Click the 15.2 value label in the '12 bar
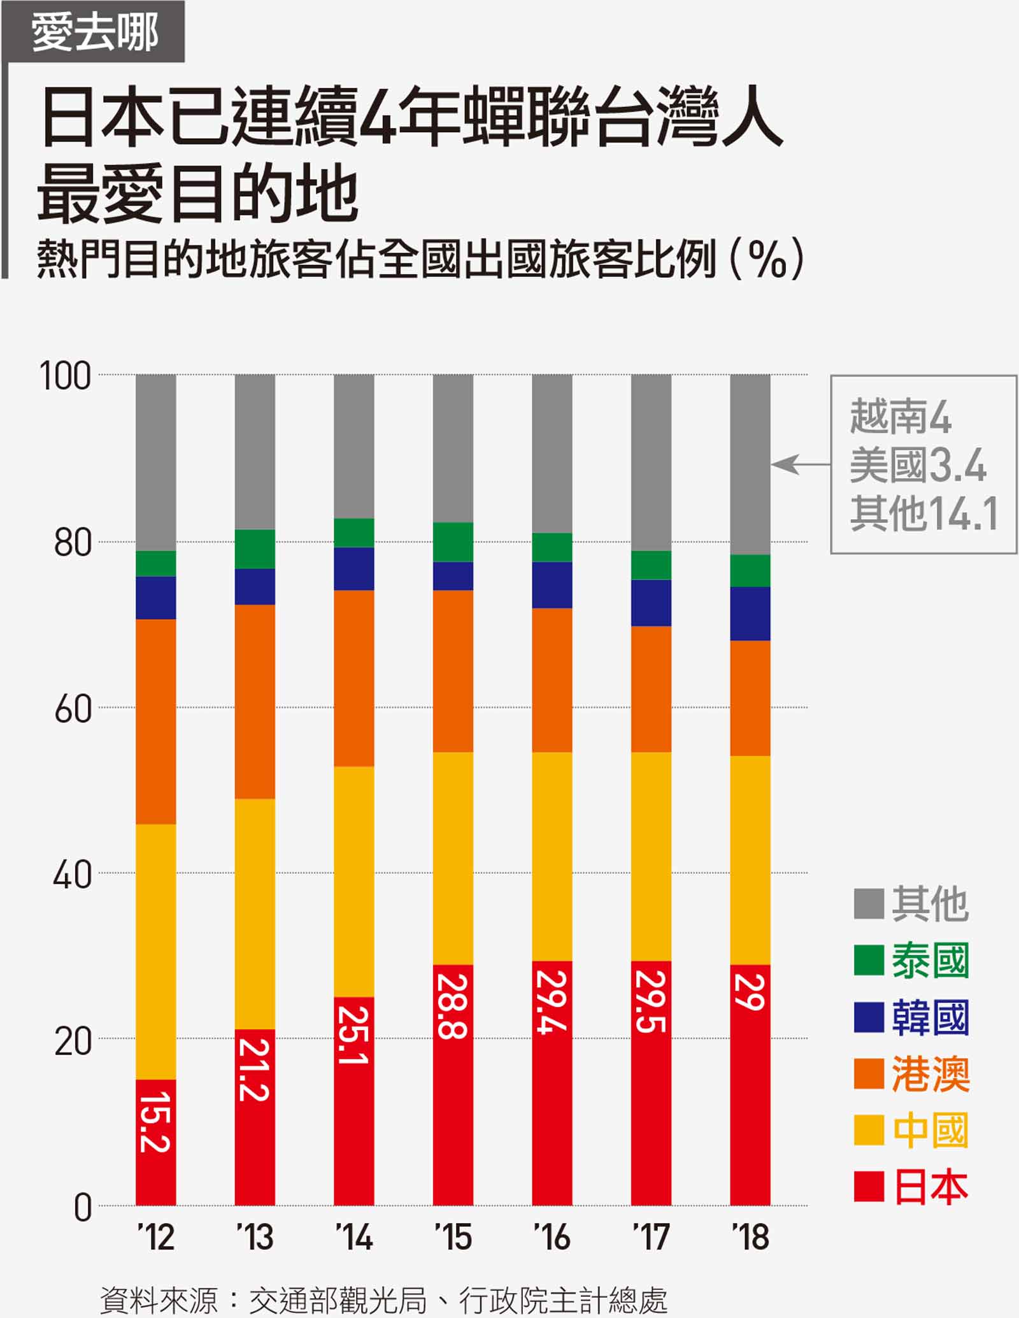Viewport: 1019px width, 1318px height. tap(155, 1122)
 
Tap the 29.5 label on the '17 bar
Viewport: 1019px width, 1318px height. tap(650, 1001)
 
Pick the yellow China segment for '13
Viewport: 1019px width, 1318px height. tap(255, 914)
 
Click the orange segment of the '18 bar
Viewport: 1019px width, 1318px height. tap(750, 698)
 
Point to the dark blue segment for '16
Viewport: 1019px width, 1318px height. tap(552, 585)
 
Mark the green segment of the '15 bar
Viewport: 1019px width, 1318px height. tap(453, 542)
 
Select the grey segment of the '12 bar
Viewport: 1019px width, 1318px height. tap(155, 462)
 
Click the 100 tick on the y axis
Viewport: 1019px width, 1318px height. tap(65, 376)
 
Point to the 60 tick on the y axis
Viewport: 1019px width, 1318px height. tap(73, 708)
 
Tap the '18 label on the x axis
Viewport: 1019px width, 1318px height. tap(750, 1237)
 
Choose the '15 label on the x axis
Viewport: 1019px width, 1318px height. tap(453, 1237)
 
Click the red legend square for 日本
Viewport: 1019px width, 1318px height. tap(869, 1186)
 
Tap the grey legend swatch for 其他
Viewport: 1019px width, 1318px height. tap(869, 904)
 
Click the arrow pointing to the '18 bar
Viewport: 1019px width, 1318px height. tap(799, 464)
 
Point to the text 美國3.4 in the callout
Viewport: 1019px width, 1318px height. tap(918, 465)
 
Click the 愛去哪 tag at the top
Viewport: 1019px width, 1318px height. tap(95, 32)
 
